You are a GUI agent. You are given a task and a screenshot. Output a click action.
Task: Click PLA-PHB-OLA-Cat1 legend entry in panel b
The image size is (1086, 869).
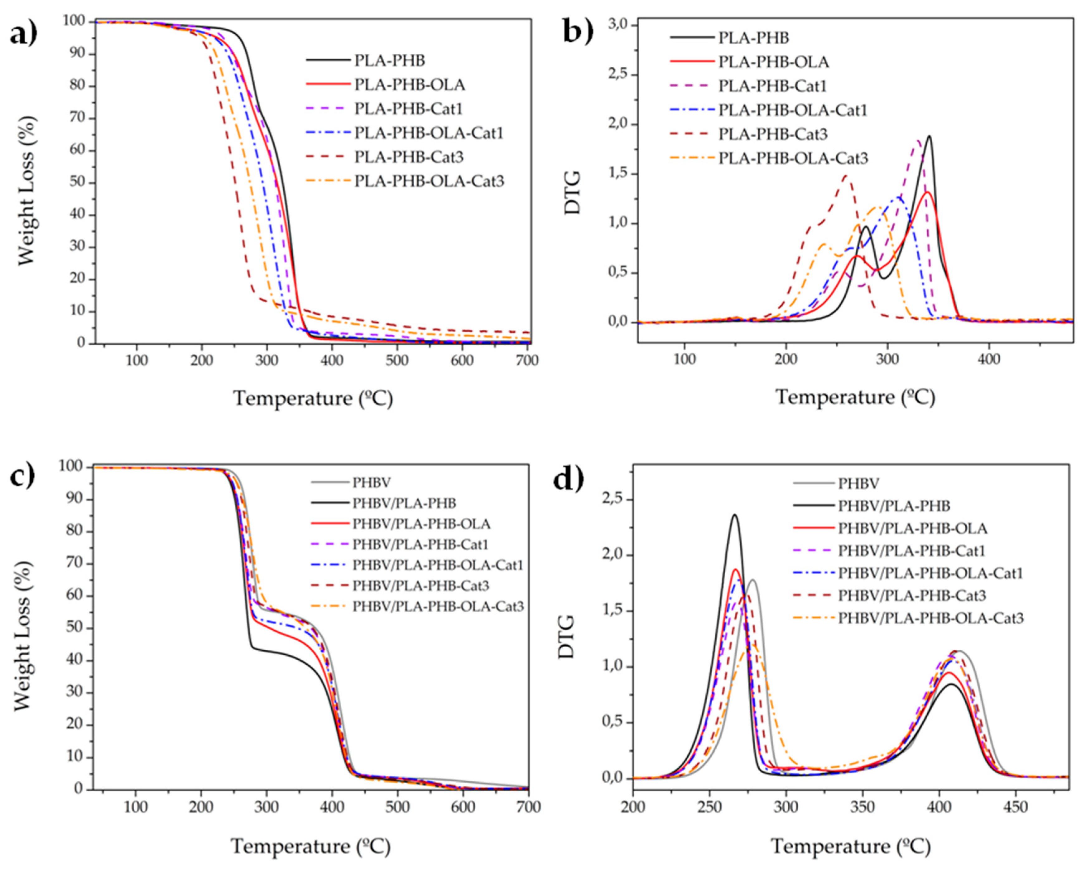coord(792,110)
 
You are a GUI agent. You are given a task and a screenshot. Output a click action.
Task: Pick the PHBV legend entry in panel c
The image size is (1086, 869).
coord(371,483)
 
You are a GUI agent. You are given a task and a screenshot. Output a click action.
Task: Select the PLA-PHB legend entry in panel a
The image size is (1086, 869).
coord(389,61)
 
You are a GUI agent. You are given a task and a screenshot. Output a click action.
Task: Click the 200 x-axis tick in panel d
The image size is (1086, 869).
coord(633,807)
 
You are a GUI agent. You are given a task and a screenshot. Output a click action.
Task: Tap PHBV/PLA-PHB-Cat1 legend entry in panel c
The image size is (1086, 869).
coord(420,544)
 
